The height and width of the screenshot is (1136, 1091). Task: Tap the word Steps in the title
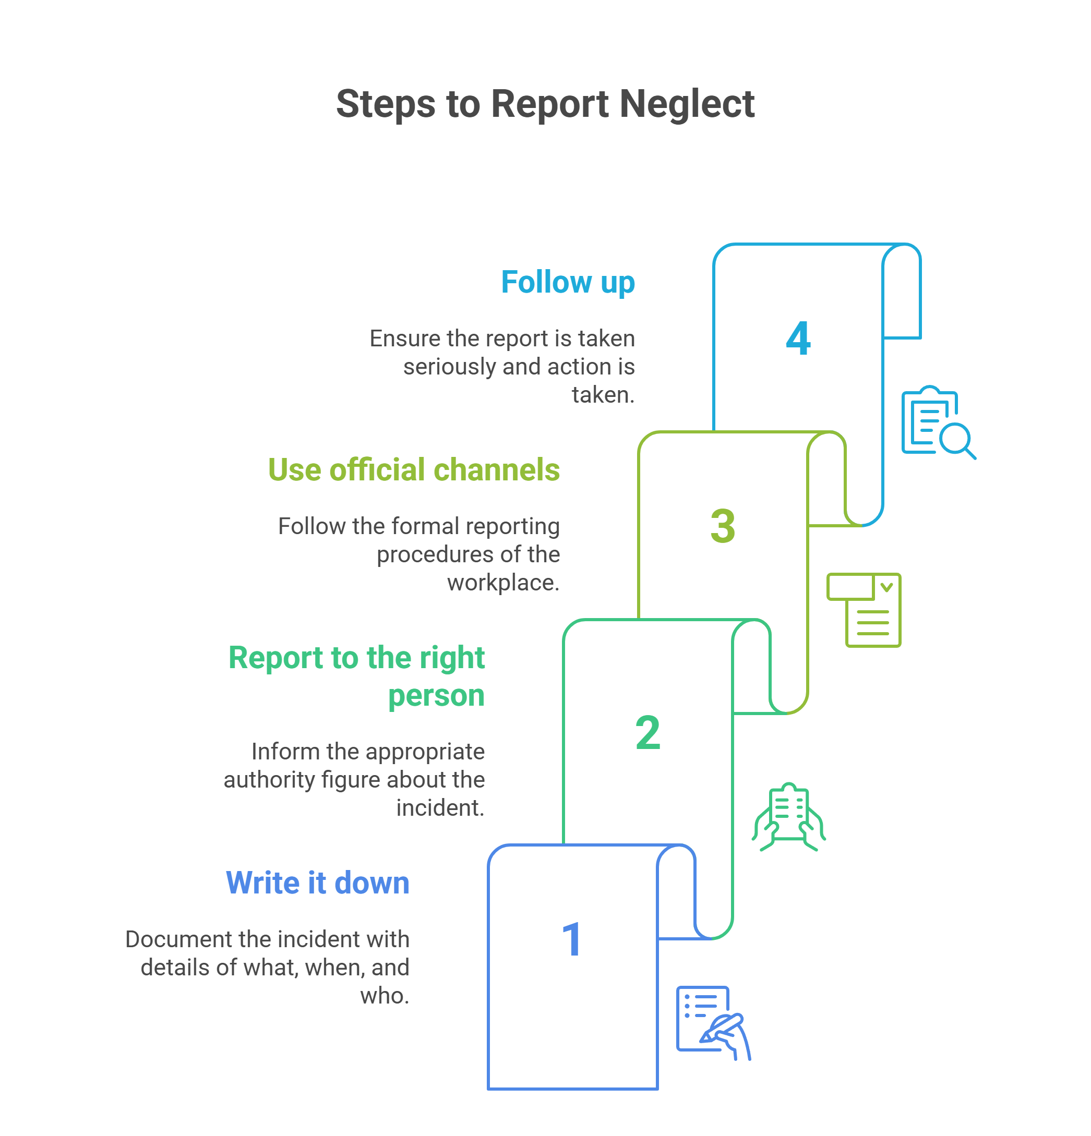pos(386,104)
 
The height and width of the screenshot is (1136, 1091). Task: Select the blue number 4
pos(798,339)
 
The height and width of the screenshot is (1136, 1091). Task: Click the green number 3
pos(722,526)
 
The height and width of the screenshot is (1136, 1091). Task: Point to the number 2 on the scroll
pos(648,733)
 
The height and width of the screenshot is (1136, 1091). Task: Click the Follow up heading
pos(568,283)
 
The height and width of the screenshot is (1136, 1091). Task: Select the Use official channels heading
pos(413,470)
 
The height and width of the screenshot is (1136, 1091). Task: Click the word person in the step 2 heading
pos(436,695)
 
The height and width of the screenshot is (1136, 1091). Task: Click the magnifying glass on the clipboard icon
pos(956,441)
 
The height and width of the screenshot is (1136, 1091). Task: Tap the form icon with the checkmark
pos(864,610)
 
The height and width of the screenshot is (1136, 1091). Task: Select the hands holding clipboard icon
pos(788,817)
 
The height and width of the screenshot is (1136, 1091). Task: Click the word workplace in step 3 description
pos(502,583)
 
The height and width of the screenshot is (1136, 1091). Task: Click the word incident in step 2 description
pos(439,808)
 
